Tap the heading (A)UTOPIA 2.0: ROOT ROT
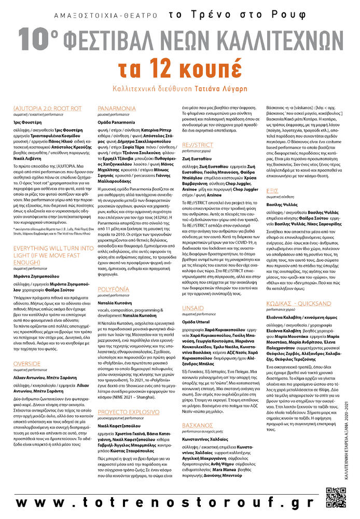(x=48, y=108)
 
